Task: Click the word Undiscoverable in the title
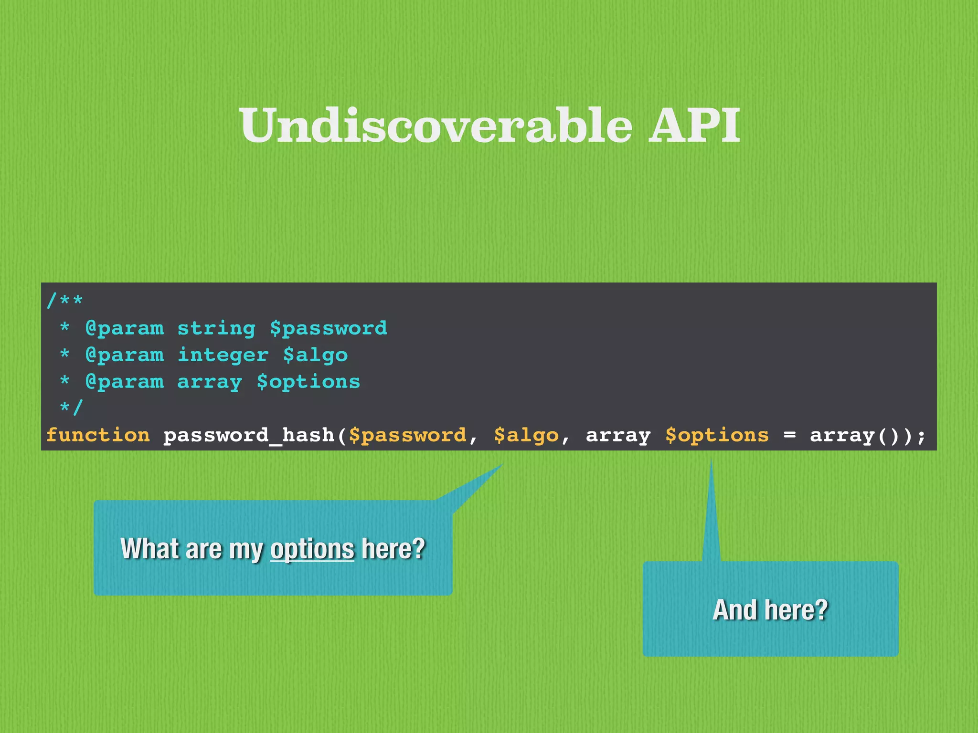tap(436, 125)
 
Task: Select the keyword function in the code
tap(98, 435)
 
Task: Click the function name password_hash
tap(248, 435)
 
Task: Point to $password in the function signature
tap(407, 435)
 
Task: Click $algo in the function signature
tap(526, 435)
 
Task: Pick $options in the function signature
tap(717, 435)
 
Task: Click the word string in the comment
tap(216, 328)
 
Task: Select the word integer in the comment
tap(223, 355)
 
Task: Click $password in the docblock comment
tap(329, 328)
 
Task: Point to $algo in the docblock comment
tap(315, 355)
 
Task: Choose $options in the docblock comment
tap(308, 382)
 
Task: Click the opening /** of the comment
tap(65, 301)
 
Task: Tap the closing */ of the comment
tap(72, 408)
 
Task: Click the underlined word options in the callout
tap(312, 549)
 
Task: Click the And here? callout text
tap(770, 610)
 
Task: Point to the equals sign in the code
tap(789, 435)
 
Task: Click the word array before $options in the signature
tap(618, 435)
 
